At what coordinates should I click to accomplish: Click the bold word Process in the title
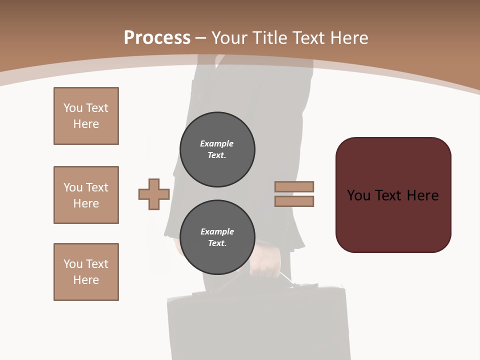[x=157, y=38]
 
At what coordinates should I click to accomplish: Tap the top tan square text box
[x=86, y=116]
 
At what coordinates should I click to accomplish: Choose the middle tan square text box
[x=86, y=195]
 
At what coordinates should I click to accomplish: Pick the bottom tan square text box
[x=86, y=272]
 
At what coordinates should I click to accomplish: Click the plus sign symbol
[x=154, y=194]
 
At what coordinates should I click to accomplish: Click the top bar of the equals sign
[x=294, y=186]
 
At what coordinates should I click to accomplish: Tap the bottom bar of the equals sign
[x=294, y=201]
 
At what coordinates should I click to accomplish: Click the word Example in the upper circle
[x=216, y=143]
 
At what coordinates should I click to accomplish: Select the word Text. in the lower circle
[x=217, y=243]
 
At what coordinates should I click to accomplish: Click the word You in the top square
[x=72, y=108]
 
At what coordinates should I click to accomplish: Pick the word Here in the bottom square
[x=86, y=280]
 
